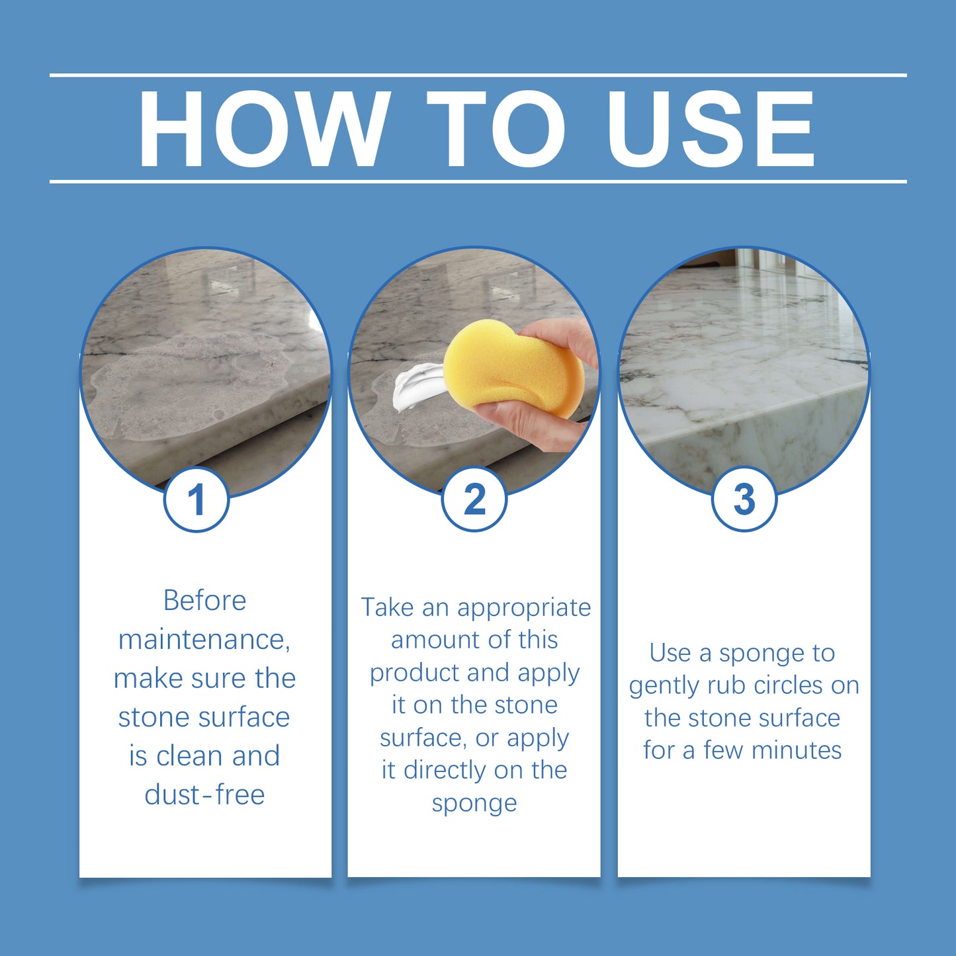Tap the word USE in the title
click(711, 128)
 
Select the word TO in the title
click(496, 128)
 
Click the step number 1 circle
click(196, 500)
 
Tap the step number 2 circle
click(474, 500)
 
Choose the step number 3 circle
click(744, 500)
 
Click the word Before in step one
click(204, 601)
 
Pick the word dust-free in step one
click(204, 795)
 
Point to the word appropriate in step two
click(523, 607)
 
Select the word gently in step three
click(664, 686)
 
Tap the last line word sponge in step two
click(474, 803)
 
